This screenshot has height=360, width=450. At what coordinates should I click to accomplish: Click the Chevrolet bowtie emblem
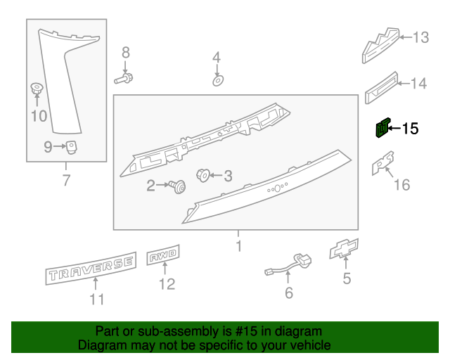click(345, 250)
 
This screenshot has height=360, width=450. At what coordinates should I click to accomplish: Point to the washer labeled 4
click(217, 80)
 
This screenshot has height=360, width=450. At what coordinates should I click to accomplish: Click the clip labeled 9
click(72, 146)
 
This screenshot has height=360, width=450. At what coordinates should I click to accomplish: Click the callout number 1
click(238, 246)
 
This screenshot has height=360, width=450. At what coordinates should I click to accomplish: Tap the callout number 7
click(67, 181)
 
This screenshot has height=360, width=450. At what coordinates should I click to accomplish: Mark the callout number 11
click(96, 300)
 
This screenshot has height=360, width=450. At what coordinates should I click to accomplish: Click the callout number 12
click(167, 284)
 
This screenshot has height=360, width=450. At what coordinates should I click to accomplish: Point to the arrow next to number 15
click(394, 129)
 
